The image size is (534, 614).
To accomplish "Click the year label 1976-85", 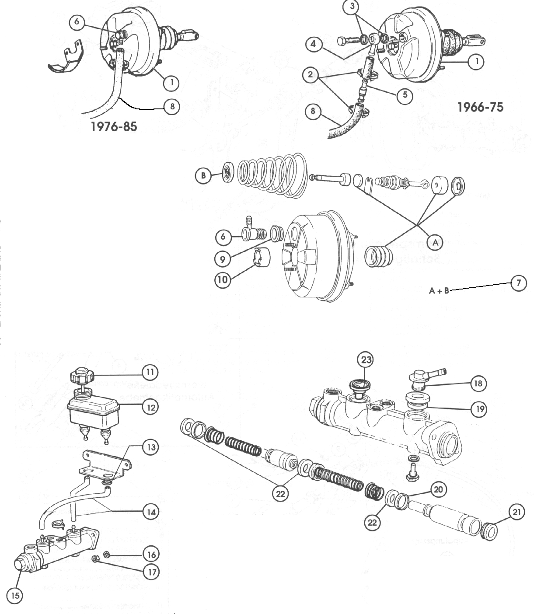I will pos(113,126).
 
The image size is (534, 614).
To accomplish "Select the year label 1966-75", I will pos(480,107).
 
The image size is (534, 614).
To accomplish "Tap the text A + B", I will pos(439,290).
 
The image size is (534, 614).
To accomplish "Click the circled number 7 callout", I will pos(519,283).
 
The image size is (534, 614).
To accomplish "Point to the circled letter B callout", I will pos(202,176).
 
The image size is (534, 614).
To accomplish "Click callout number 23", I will pos(366,360).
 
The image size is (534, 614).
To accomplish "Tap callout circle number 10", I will pos(223,279).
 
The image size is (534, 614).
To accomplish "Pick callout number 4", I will pos(314,44).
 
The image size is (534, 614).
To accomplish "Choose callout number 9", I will pos(223,258).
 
